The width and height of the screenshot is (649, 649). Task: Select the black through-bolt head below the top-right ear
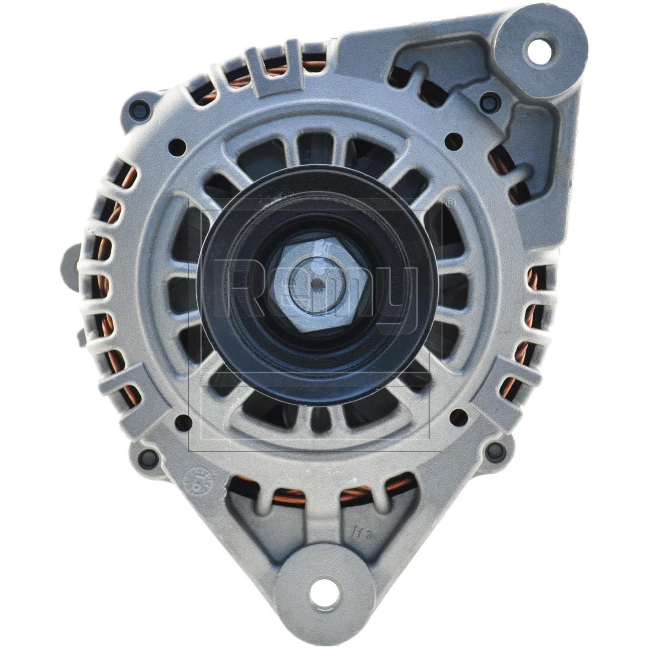coord(489,103)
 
